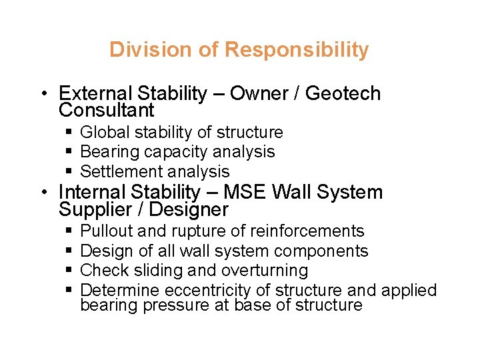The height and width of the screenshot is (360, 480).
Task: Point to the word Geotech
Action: coord(343,93)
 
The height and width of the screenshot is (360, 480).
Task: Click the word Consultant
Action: coord(107,110)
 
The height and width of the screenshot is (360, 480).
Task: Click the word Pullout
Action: coord(107,231)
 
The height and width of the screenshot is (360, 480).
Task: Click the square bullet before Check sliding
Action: coord(69,271)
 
